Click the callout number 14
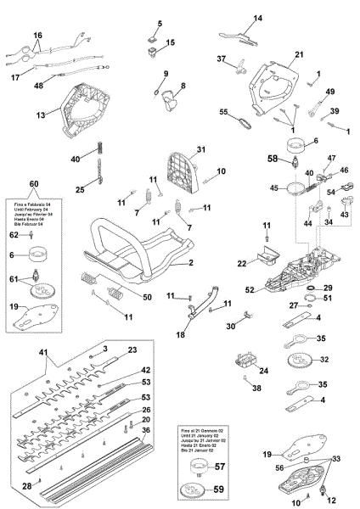click(258, 18)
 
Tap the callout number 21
click(299, 54)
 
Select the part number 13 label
click(40, 114)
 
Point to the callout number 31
click(201, 150)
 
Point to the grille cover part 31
click(178, 170)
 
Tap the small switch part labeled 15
click(153, 42)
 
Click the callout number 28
click(26, 484)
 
